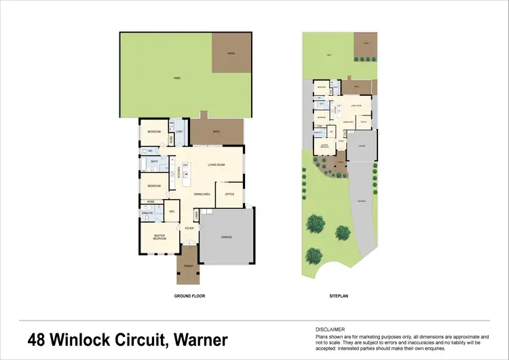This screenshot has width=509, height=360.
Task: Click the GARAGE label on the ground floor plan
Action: click(x=227, y=237)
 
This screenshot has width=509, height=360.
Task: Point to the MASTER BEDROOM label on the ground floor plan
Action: click(x=160, y=238)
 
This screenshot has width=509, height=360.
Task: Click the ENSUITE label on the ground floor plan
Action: click(x=147, y=213)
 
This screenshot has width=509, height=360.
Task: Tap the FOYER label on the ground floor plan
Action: click(x=189, y=228)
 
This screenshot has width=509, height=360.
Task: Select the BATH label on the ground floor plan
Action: click(x=154, y=161)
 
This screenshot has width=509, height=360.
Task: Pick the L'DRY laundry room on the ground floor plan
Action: click(x=181, y=131)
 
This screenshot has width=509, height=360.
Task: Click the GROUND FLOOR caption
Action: click(x=189, y=296)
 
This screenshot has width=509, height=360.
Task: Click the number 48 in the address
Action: click(x=39, y=340)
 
